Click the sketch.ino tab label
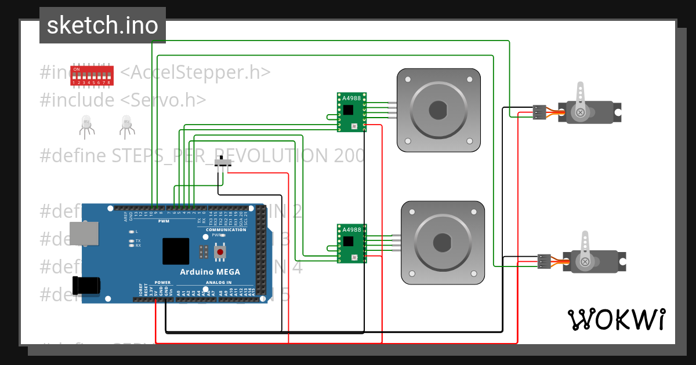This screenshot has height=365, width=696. pos(102,25)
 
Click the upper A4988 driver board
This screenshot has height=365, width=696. pos(351,112)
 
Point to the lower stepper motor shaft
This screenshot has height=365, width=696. pos(443,241)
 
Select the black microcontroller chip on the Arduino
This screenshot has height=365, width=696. pos(176,251)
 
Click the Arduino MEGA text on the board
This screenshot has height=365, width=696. pos(209,272)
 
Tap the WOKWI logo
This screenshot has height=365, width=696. pos(616,319)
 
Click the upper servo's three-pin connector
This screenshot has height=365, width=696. pos(539,112)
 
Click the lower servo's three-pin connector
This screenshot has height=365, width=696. pos(544,261)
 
